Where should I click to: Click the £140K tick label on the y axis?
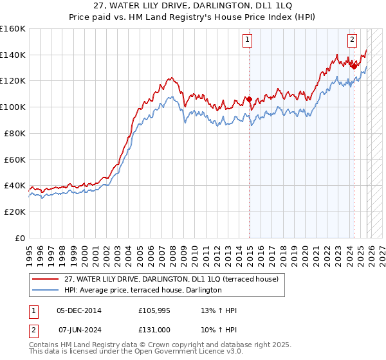(x=13, y=55)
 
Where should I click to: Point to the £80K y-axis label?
(x=15, y=133)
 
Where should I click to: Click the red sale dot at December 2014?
(x=249, y=100)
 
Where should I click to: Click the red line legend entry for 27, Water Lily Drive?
(x=171, y=279)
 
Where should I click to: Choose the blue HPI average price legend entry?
(x=143, y=291)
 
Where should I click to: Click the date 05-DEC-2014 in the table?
(x=79, y=310)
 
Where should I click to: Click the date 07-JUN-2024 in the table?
(x=79, y=330)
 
